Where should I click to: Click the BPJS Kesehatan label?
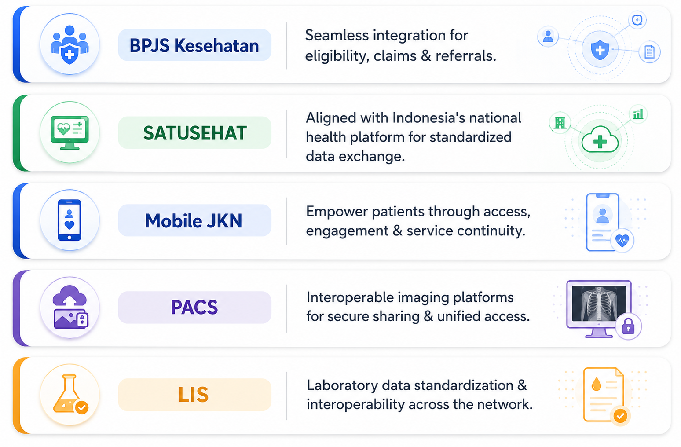[194, 45]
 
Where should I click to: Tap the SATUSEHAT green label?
[194, 133]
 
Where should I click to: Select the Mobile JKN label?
[194, 220]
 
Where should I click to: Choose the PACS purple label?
[194, 307]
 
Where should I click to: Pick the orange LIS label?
[194, 395]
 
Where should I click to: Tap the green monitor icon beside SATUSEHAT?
[70, 132]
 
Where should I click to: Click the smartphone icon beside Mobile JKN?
[70, 220]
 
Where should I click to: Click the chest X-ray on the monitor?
[599, 303]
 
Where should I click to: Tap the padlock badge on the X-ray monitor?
[628, 326]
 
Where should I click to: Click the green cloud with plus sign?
[600, 139]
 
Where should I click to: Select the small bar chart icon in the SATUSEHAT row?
[638, 114]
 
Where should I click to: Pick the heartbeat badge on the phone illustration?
[622, 241]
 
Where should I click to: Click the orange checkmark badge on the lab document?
[620, 416]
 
